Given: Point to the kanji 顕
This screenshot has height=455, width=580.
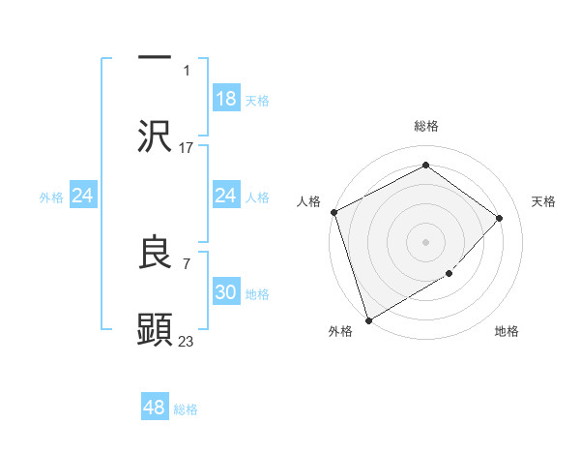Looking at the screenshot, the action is click(155, 329).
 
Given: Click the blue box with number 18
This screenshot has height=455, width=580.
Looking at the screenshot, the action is click(226, 98).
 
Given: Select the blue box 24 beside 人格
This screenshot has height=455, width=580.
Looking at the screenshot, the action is click(226, 196).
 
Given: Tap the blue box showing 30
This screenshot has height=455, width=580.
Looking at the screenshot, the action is click(226, 292).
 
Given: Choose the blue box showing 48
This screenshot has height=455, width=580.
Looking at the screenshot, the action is click(155, 408).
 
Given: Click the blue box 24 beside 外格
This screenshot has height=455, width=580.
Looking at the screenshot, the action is click(83, 196).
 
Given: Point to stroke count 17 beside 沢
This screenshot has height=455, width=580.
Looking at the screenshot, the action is click(187, 148).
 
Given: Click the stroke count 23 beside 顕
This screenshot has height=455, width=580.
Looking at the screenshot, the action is click(187, 341).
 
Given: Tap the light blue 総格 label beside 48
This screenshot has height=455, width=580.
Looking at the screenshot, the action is click(186, 409).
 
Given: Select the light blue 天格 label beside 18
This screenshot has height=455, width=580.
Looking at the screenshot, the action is click(257, 100).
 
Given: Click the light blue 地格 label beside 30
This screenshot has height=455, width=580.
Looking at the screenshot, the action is click(257, 294).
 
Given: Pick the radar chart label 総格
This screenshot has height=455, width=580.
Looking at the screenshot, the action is click(426, 126).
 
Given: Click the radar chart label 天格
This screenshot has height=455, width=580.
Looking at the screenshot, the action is click(544, 201).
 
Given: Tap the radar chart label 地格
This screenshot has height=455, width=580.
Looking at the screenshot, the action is click(507, 332).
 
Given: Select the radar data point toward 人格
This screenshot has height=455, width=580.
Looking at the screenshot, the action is click(333, 212).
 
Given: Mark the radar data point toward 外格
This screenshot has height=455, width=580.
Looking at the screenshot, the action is click(368, 319).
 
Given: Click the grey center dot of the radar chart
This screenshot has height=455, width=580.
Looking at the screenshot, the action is click(425, 242).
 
